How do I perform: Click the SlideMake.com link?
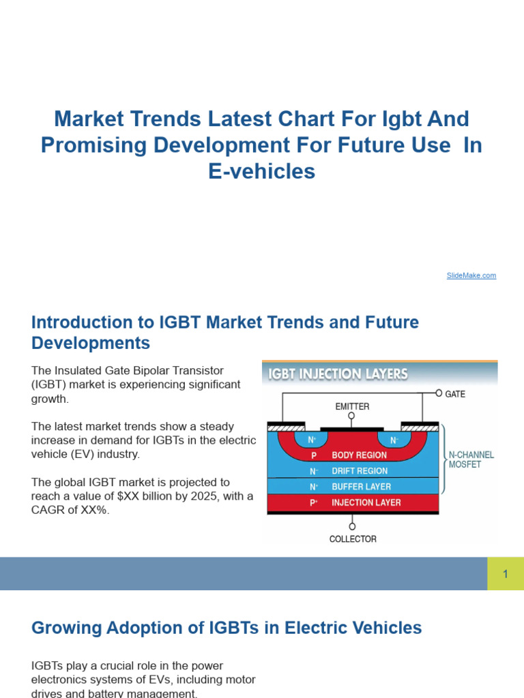[471, 275]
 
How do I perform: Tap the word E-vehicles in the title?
[262, 172]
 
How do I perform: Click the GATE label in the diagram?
[454, 394]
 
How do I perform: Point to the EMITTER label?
[352, 406]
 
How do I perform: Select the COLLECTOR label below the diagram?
[353, 538]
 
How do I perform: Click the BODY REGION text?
[360, 455]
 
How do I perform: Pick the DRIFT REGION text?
[360, 471]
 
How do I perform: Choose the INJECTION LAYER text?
[366, 503]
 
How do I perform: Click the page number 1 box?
[506, 574]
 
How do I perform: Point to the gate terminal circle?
[439, 393]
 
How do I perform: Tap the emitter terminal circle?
[351, 415]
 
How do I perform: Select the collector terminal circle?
[352, 526]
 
